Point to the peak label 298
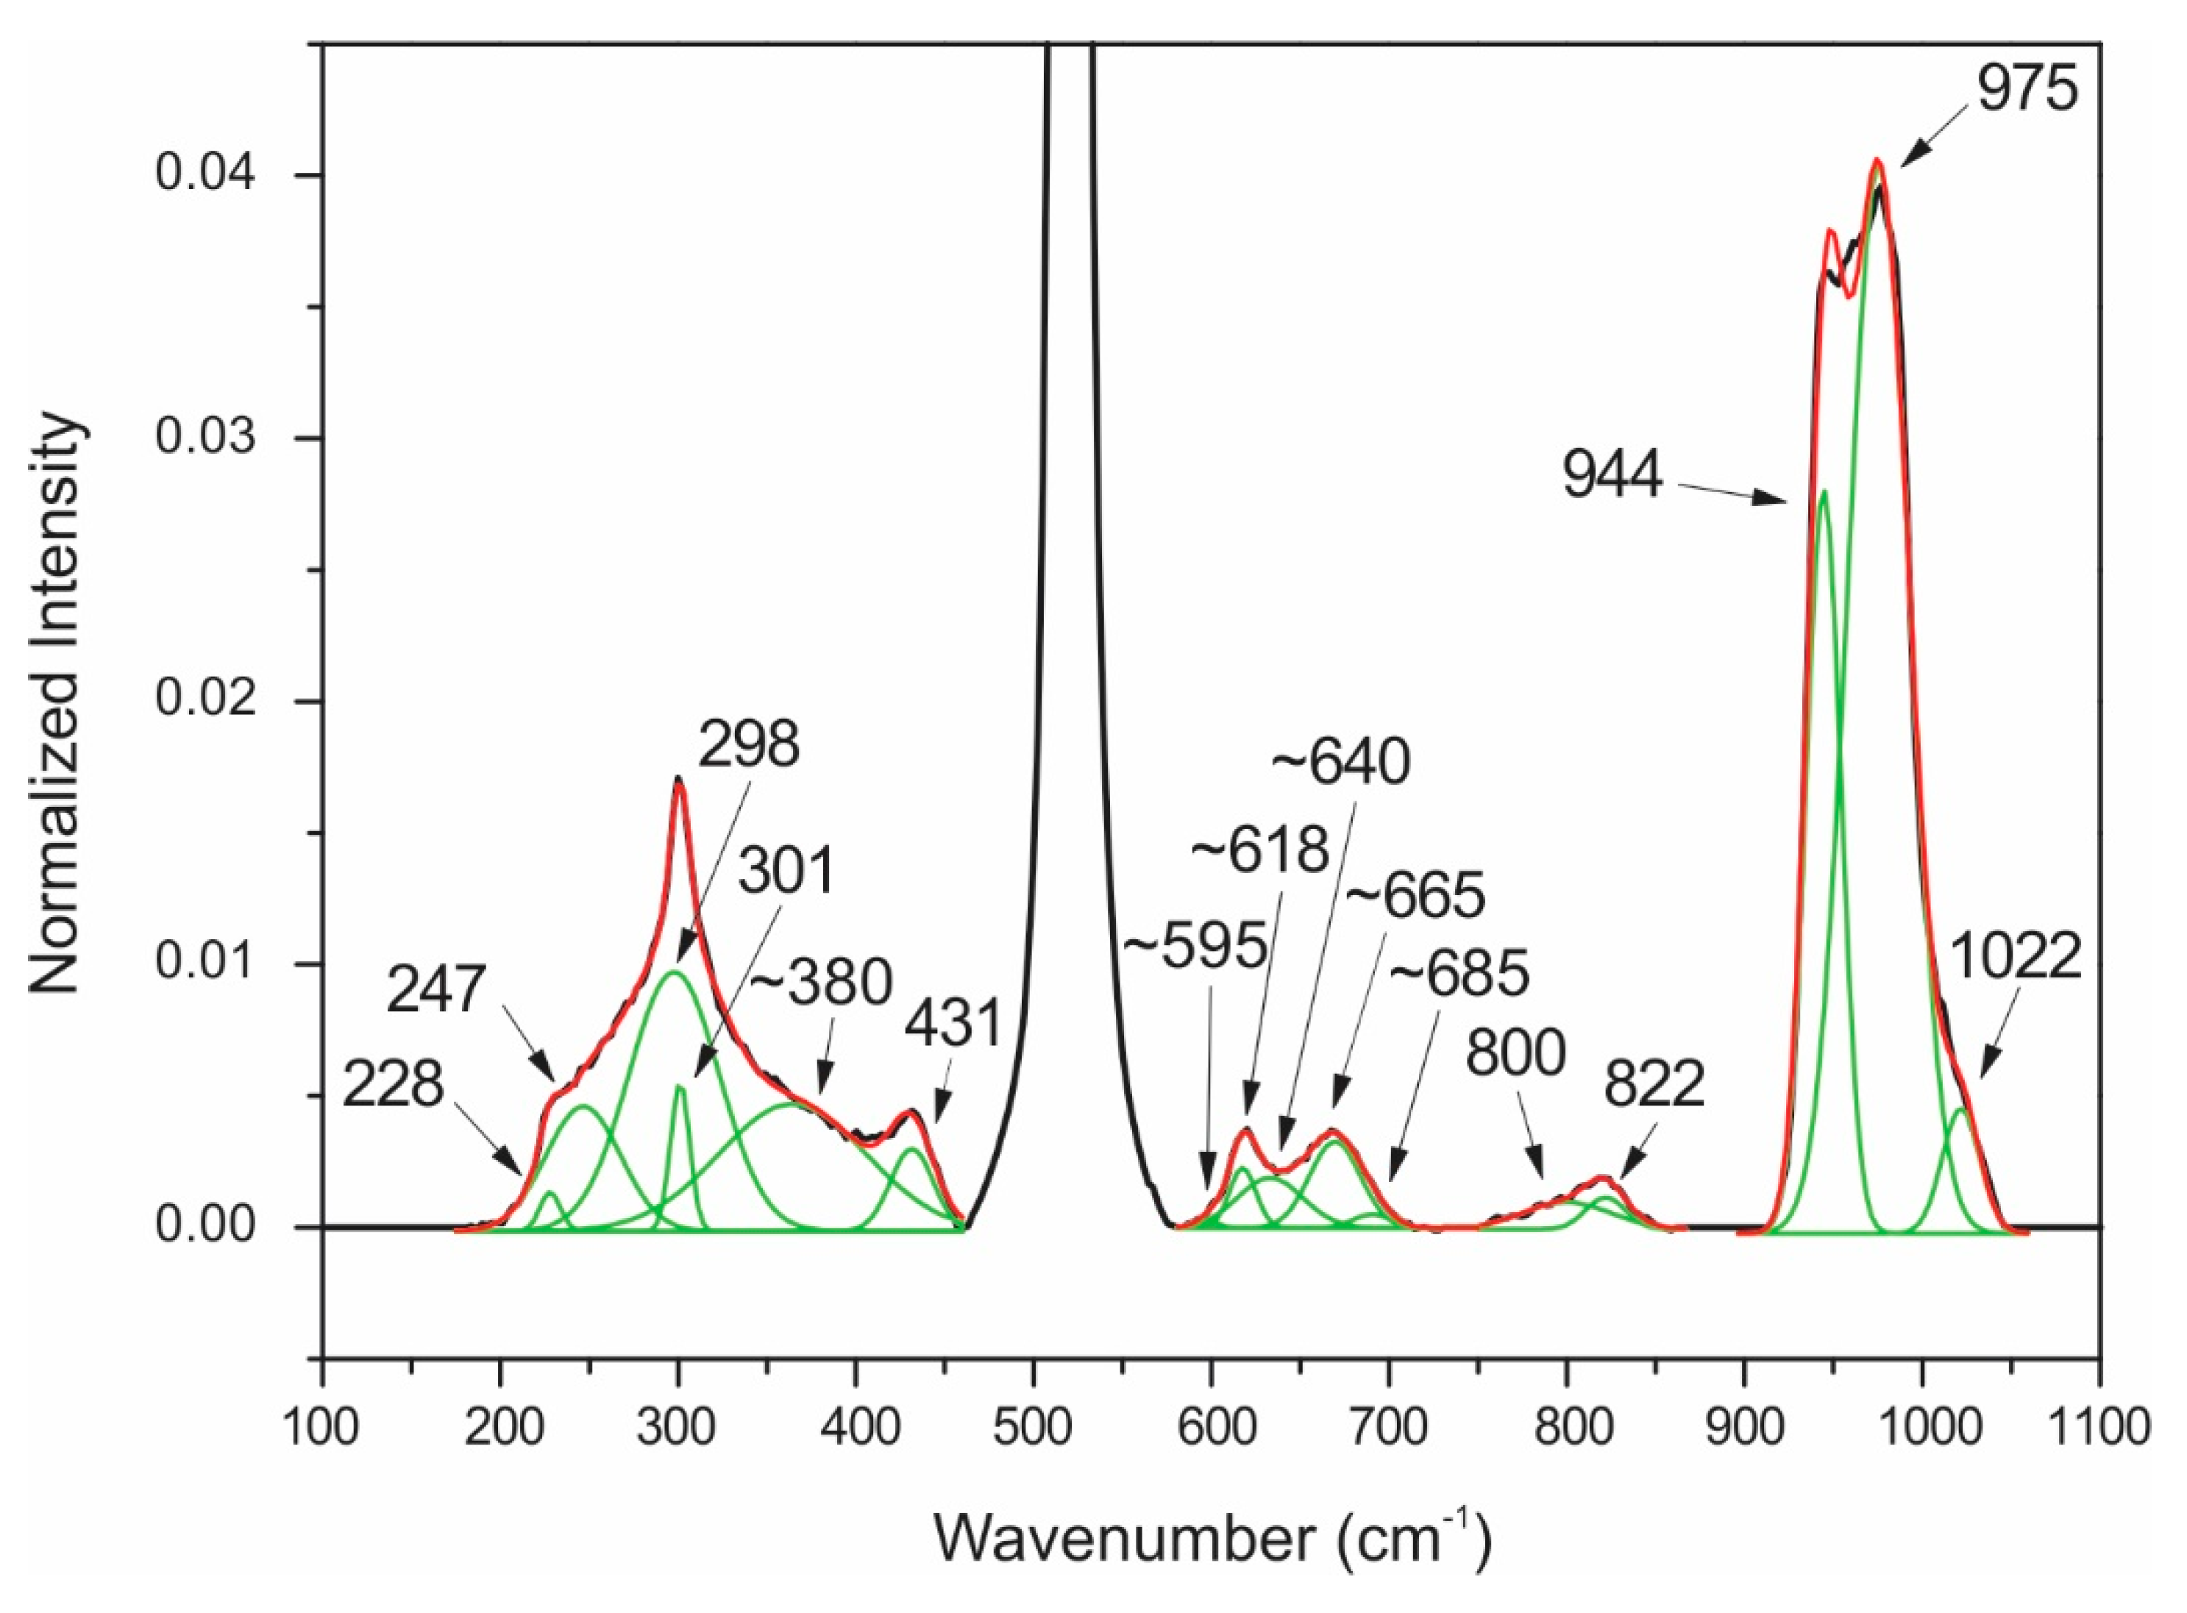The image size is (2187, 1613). (749, 745)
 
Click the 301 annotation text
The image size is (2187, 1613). (787, 871)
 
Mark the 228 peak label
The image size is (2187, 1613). (394, 1084)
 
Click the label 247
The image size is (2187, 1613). (435, 991)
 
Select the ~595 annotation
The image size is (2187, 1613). (1197, 946)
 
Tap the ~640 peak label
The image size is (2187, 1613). (1340, 763)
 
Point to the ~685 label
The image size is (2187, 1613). (1459, 976)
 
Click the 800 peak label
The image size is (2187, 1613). (1515, 1053)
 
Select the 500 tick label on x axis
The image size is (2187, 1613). (1033, 1428)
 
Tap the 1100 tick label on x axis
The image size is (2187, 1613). (2099, 1428)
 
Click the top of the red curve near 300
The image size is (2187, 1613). (678, 781)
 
